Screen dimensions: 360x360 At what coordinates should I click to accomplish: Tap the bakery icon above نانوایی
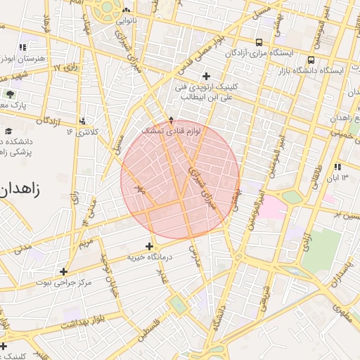coord(126,11)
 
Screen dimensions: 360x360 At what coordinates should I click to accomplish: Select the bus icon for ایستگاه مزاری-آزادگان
coord(260,41)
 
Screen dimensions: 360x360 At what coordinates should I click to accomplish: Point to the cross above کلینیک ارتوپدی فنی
coord(205,76)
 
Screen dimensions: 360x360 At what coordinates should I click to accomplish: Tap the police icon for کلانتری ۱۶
coord(83,120)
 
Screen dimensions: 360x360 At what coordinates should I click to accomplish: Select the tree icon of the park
coord(9,94)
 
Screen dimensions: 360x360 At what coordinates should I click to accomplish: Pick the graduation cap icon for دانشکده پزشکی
coord(8,131)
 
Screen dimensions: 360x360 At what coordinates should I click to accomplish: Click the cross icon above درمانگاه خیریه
coord(148,246)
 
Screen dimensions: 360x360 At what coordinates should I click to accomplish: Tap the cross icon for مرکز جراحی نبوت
coord(64,271)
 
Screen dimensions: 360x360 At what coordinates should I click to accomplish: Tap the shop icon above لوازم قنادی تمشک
coord(171,120)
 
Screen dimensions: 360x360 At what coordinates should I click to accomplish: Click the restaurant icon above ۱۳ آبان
coord(337,167)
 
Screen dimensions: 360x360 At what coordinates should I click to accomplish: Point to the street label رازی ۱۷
coord(67,68)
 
